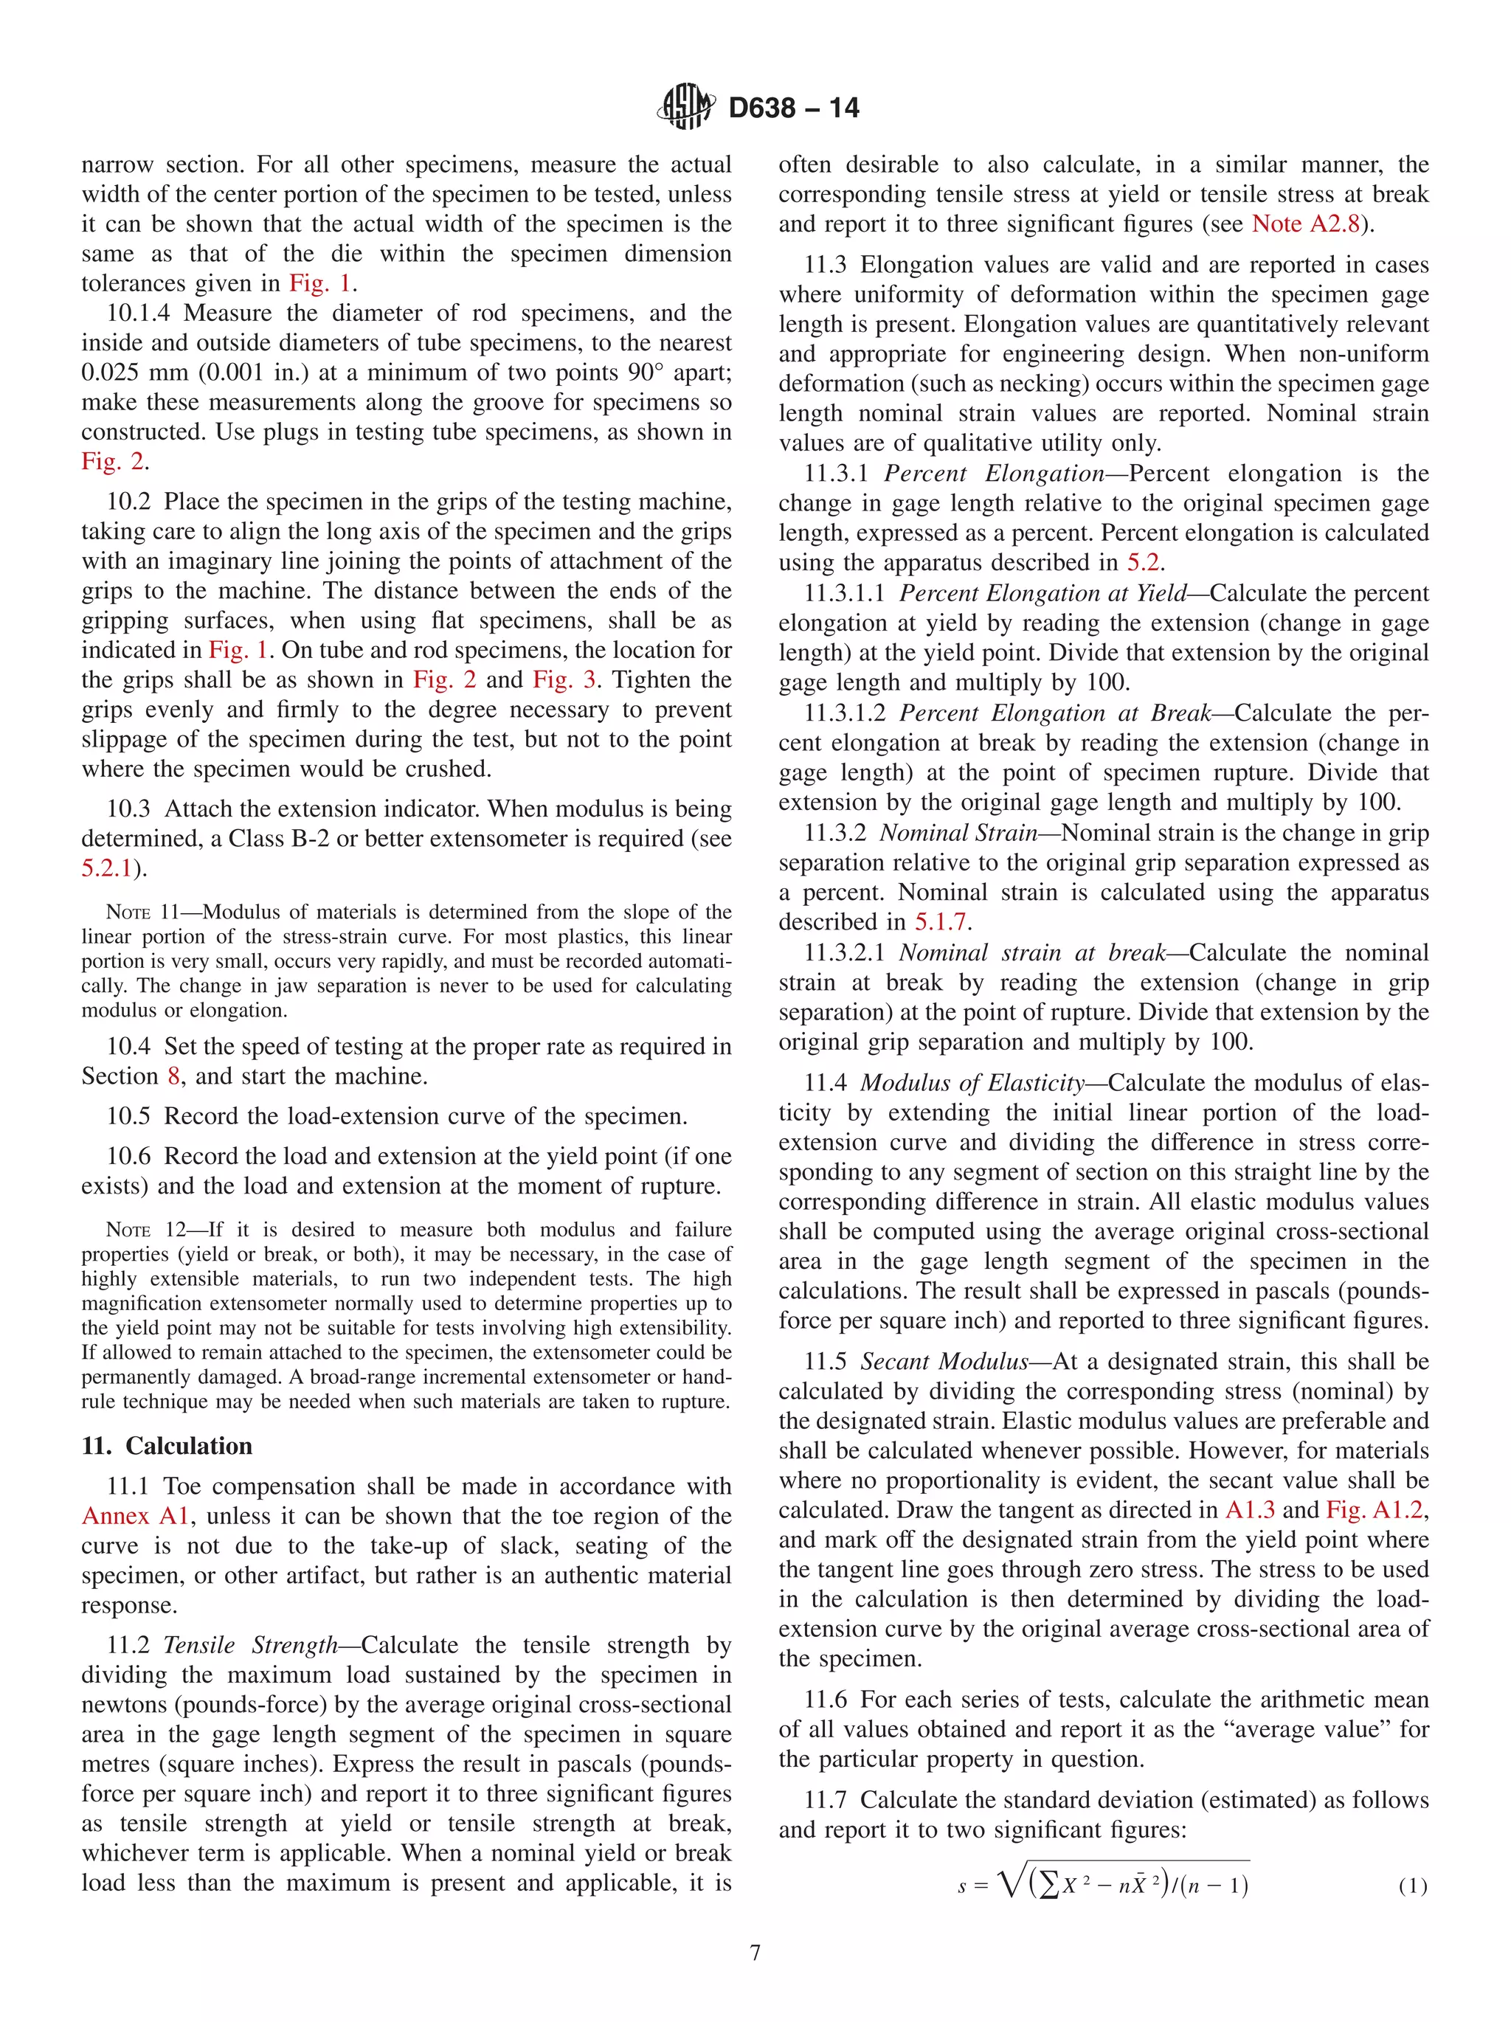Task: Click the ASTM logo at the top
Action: coord(685,106)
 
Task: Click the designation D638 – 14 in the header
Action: coord(792,108)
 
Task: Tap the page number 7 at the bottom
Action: coord(755,1953)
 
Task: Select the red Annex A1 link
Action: coord(135,1516)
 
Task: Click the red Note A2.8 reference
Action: coord(1305,224)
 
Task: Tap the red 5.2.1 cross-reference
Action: coord(107,868)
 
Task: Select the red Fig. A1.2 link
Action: coord(1374,1509)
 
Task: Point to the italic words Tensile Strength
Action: coord(250,1645)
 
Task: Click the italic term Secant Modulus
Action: coord(944,1362)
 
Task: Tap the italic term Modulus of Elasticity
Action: coord(972,1083)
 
